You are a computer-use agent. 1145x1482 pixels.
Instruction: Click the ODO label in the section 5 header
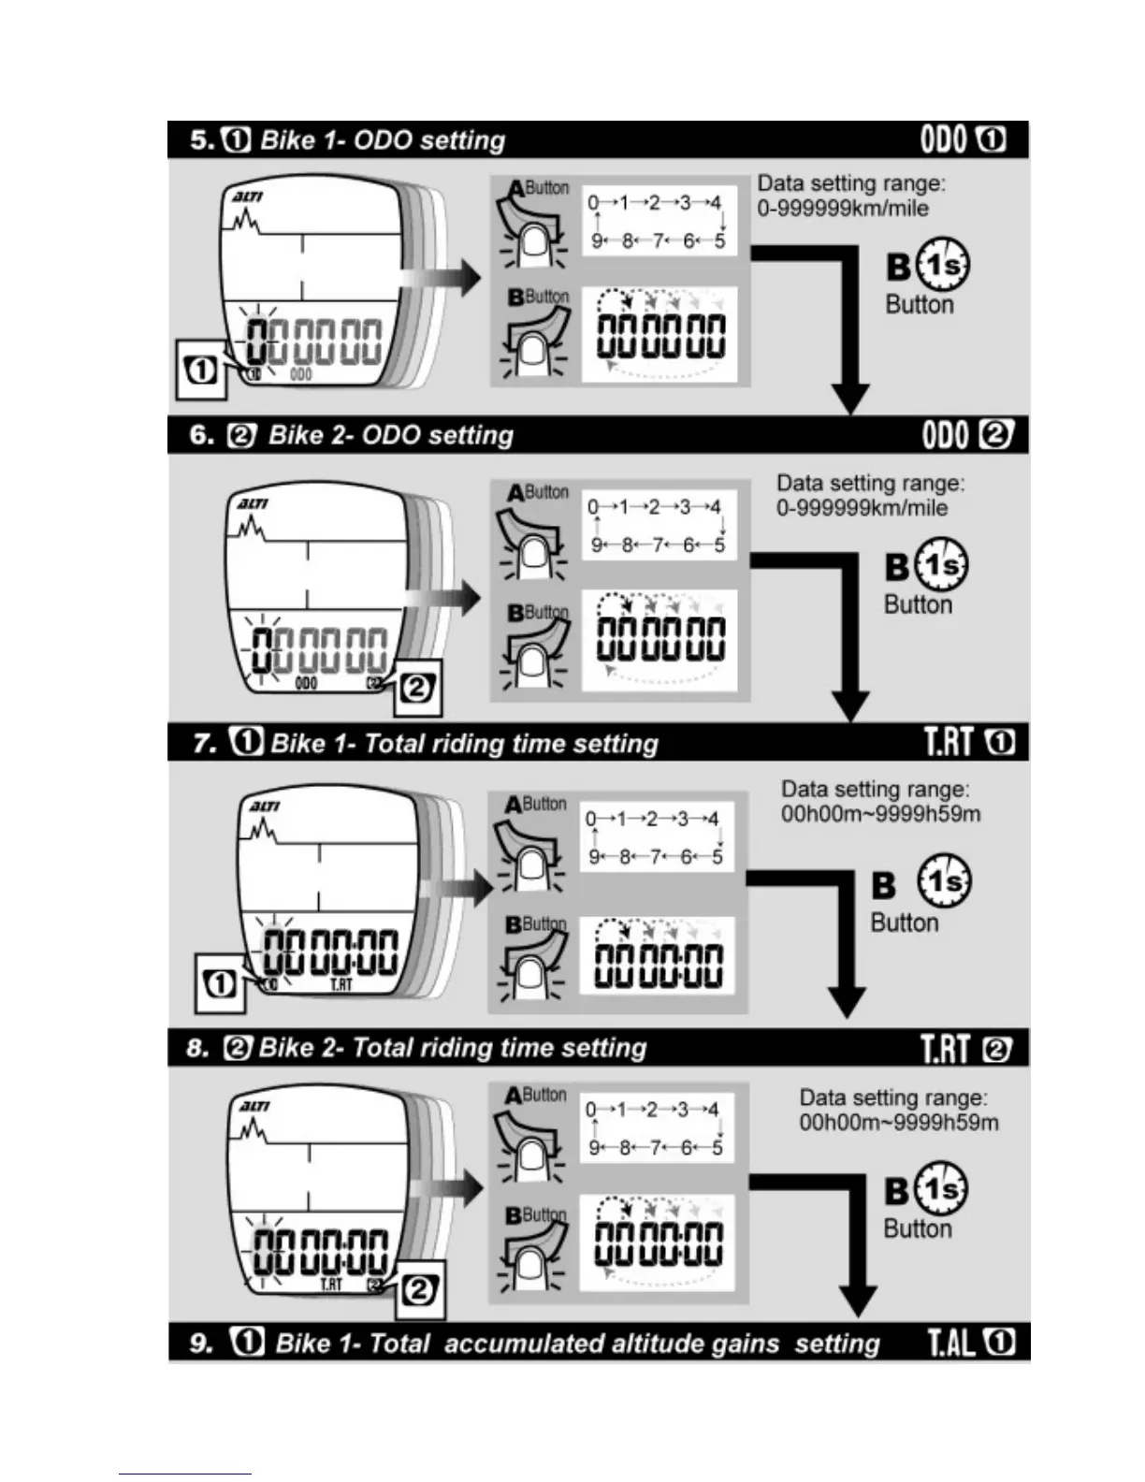pos(943,139)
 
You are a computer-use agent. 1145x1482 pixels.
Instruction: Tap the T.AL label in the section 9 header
pos(950,1343)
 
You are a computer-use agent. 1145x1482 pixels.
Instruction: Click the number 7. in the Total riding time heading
pos(206,744)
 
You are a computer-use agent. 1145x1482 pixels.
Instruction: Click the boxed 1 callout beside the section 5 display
pos(200,370)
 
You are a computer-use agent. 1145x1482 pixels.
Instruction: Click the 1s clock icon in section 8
pos(942,1188)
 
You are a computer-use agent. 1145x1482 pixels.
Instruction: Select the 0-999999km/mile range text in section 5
pos(842,208)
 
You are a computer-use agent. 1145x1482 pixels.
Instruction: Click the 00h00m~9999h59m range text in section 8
pos(898,1122)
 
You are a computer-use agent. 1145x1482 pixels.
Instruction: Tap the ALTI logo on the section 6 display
pos(252,504)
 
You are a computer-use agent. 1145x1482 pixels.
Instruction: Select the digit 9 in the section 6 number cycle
pos(596,545)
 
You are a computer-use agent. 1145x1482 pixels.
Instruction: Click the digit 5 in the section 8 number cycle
pos(717,1147)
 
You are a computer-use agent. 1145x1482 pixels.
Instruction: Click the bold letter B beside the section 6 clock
pos(897,567)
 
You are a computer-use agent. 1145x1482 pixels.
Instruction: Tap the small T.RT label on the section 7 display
pos(341,984)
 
